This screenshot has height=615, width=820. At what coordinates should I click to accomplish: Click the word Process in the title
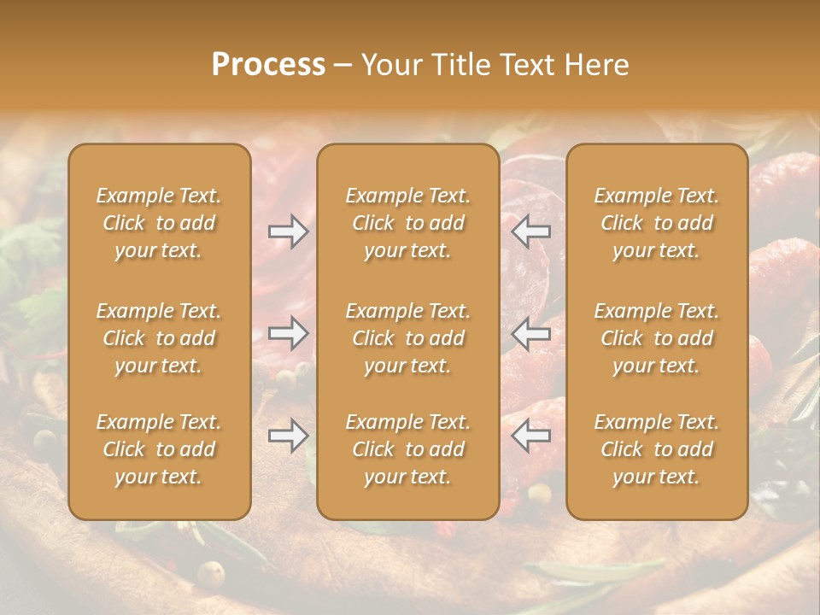point(268,65)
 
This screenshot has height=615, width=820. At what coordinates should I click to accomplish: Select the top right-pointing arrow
point(288,231)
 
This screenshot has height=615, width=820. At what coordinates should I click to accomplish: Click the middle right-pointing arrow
point(288,333)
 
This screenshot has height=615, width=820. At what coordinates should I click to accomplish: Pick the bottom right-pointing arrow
point(288,436)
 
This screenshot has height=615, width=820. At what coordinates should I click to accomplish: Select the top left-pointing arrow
point(531,231)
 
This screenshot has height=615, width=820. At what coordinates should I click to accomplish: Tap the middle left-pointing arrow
point(531,333)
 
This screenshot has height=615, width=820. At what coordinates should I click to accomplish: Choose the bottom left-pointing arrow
point(531,436)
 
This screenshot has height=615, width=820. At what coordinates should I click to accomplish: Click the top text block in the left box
point(159,223)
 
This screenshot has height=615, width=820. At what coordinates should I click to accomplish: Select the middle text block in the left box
point(159,338)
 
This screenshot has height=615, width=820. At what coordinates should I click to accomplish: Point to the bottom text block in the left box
point(159,449)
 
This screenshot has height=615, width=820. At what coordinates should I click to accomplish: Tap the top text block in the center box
point(407,223)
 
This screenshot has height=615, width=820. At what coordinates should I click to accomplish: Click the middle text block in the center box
point(407,338)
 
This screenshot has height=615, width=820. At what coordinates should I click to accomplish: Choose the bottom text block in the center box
point(407,449)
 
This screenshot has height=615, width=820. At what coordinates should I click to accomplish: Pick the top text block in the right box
point(656,223)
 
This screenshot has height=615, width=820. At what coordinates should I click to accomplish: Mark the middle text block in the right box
point(656,338)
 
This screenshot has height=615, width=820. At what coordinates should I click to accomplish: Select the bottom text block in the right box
point(656,449)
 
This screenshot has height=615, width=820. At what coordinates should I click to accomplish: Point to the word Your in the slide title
point(389,65)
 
